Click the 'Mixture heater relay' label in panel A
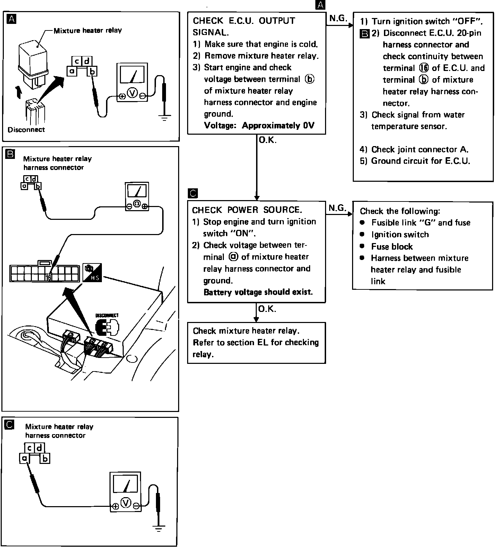click(x=88, y=30)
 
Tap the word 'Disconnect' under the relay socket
click(x=26, y=130)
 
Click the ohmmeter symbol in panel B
click(x=137, y=205)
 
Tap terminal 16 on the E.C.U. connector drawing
click(x=49, y=277)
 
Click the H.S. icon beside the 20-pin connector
click(x=92, y=272)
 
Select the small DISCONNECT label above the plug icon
click(x=107, y=315)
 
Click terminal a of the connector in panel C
click(x=24, y=458)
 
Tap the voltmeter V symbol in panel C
click(x=126, y=502)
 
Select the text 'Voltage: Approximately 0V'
click(x=259, y=125)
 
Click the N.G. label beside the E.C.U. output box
click(x=338, y=18)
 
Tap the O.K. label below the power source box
click(x=267, y=309)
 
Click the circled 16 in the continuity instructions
click(x=424, y=68)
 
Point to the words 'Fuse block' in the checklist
click(x=392, y=246)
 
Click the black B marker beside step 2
click(x=365, y=34)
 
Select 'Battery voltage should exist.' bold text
click(x=258, y=292)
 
